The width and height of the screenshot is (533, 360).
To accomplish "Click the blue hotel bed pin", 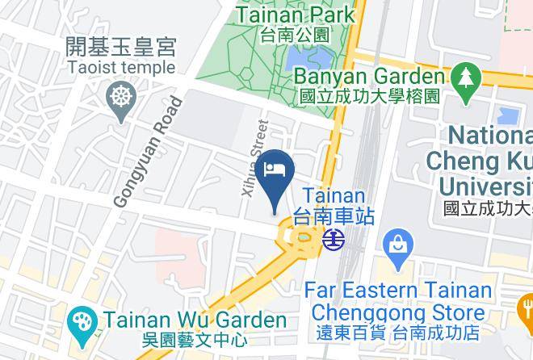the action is pyautogui.click(x=275, y=171).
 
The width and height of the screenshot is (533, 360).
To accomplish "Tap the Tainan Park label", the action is pyautogui.click(x=295, y=15).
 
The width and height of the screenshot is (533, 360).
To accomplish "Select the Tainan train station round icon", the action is pyautogui.click(x=334, y=239).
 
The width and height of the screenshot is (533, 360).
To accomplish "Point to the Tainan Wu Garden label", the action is pyautogui.click(x=194, y=320).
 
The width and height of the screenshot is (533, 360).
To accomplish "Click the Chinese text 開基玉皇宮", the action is pyautogui.click(x=121, y=47).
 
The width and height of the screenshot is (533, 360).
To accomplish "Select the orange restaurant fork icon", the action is pyautogui.click(x=526, y=306).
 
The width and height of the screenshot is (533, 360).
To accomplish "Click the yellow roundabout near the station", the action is pyautogui.click(x=296, y=237).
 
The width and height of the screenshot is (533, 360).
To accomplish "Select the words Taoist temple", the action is pyautogui.click(x=121, y=67).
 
